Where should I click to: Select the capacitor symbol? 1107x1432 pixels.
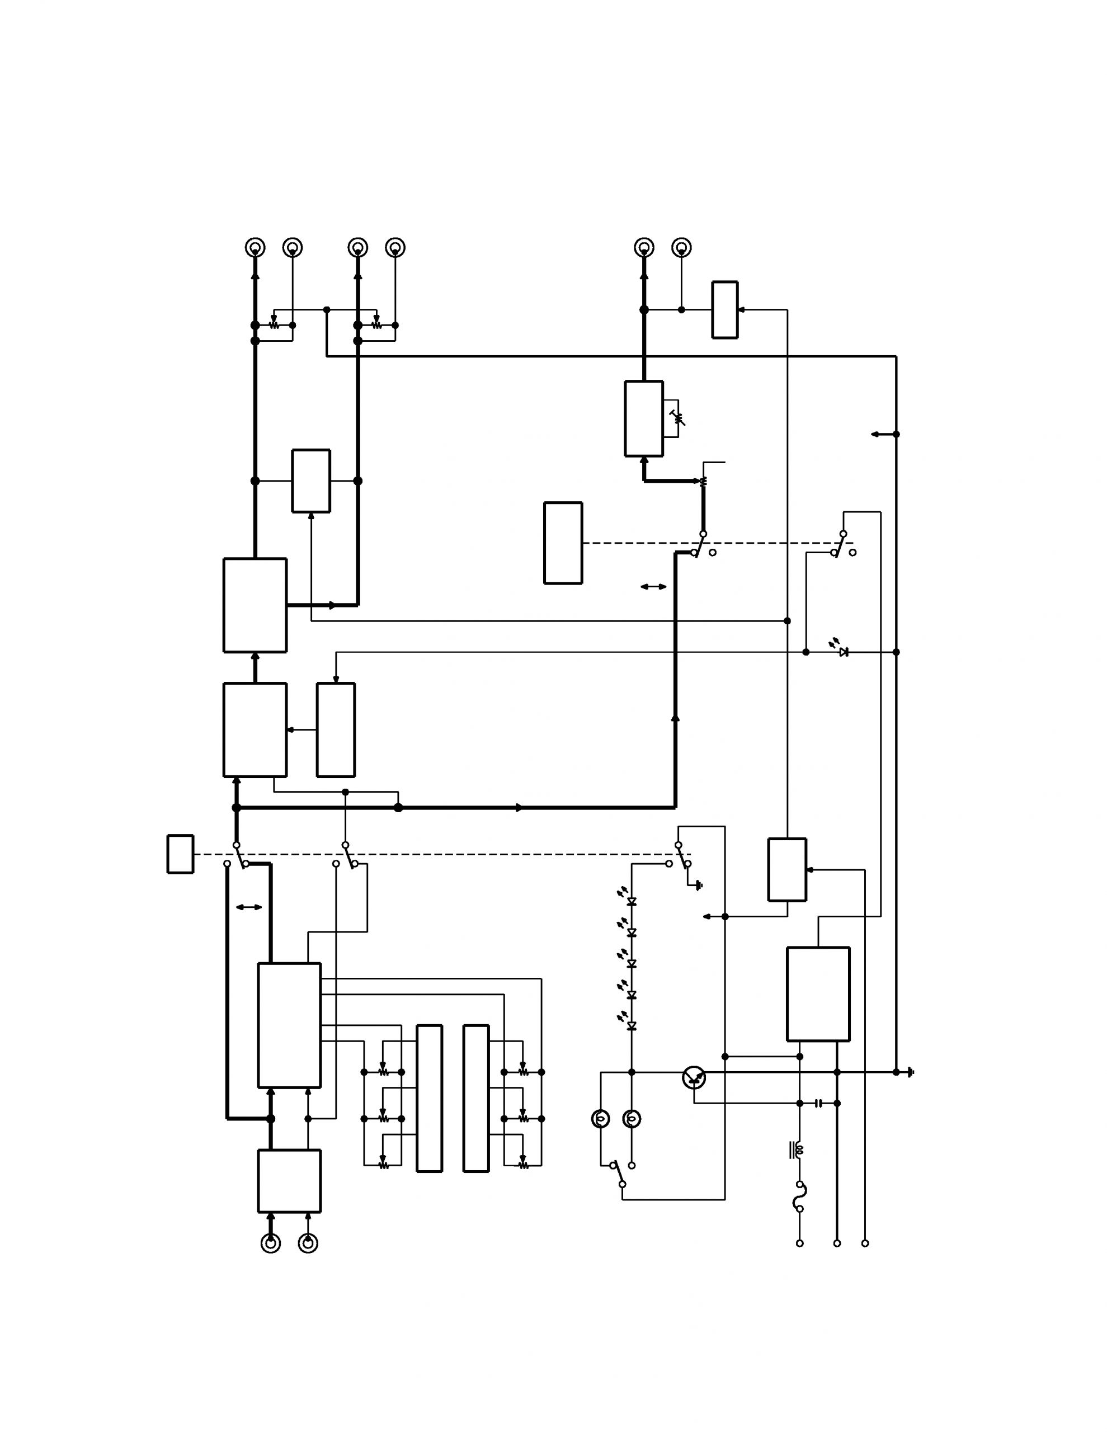pos(818,1104)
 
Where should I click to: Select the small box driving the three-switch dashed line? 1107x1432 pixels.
pos(180,854)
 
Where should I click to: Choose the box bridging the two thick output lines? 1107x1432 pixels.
pos(311,481)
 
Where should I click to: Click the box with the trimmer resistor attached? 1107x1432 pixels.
pos(643,418)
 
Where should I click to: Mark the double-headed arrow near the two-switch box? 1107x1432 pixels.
pos(653,587)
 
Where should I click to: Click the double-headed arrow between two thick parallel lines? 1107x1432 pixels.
pos(248,907)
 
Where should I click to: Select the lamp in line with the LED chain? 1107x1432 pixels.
pos(632,1119)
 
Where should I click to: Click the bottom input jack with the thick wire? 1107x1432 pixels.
pos(271,1243)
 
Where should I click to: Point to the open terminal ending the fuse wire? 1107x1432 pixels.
pos(799,1243)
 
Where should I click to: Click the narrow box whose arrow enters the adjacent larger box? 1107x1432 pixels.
pos(336,730)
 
